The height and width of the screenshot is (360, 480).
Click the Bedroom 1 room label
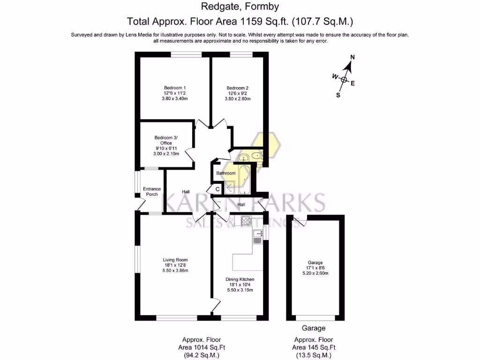[175, 88]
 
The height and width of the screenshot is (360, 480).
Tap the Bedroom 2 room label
[238, 88]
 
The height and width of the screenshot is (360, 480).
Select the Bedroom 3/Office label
[166, 140]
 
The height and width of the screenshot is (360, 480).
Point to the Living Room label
[175, 260]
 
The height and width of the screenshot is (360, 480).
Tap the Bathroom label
[225, 173]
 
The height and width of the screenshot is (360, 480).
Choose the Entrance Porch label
[151, 192]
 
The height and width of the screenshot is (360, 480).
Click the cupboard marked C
[217, 189]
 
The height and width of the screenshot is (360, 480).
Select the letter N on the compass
[353, 57]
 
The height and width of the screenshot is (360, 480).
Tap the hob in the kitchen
[247, 221]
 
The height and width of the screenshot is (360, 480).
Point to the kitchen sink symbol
[257, 236]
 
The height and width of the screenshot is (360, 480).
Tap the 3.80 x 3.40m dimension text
[175, 99]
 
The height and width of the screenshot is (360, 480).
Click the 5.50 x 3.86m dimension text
[175, 271]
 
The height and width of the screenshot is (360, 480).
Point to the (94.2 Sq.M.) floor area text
[202, 355]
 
